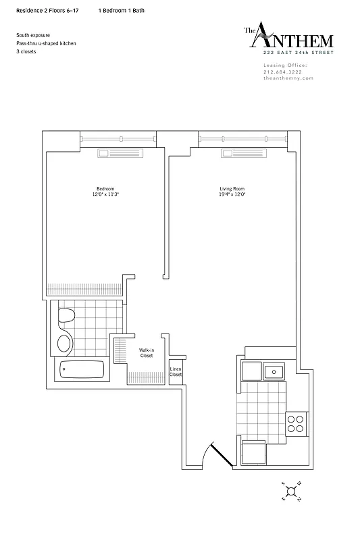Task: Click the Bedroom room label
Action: (105, 188)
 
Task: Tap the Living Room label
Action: (232, 188)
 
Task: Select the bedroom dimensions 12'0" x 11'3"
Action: (105, 194)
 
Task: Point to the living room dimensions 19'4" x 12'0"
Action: (232, 194)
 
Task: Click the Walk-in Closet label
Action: (147, 353)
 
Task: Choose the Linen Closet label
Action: (176, 371)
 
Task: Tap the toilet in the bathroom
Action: (66, 316)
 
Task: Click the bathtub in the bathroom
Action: (82, 370)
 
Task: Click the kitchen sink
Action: (274, 371)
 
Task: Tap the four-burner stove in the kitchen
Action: (295, 423)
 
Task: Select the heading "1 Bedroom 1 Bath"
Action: (121, 11)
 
